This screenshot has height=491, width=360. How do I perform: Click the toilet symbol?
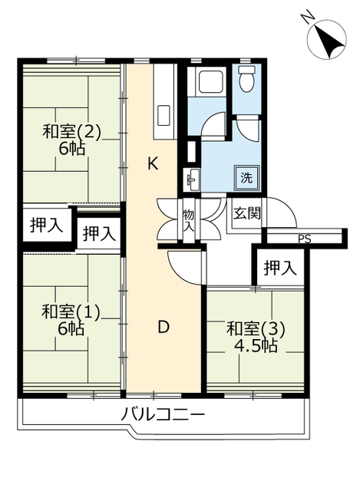[246, 78]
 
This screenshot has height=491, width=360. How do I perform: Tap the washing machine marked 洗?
[247, 177]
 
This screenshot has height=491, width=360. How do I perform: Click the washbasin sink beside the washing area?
[192, 180]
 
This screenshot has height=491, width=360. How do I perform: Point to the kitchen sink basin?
[163, 116]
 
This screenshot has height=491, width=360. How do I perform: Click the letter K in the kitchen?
[153, 163]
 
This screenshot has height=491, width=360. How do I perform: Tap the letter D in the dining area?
[163, 328]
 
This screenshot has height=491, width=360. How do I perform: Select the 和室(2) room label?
[72, 131]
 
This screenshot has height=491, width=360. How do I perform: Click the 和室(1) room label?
[71, 311]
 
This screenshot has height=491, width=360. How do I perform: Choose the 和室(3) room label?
[256, 329]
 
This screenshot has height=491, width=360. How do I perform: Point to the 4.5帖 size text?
[256, 346]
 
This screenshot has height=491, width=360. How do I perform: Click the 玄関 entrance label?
[247, 213]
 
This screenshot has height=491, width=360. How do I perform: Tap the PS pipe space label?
[304, 239]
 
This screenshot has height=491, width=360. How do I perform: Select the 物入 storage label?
[189, 221]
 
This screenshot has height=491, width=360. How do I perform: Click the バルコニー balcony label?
[163, 415]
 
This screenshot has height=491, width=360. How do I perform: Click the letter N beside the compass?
[308, 16]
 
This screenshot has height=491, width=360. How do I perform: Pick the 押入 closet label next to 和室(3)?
[280, 268]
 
